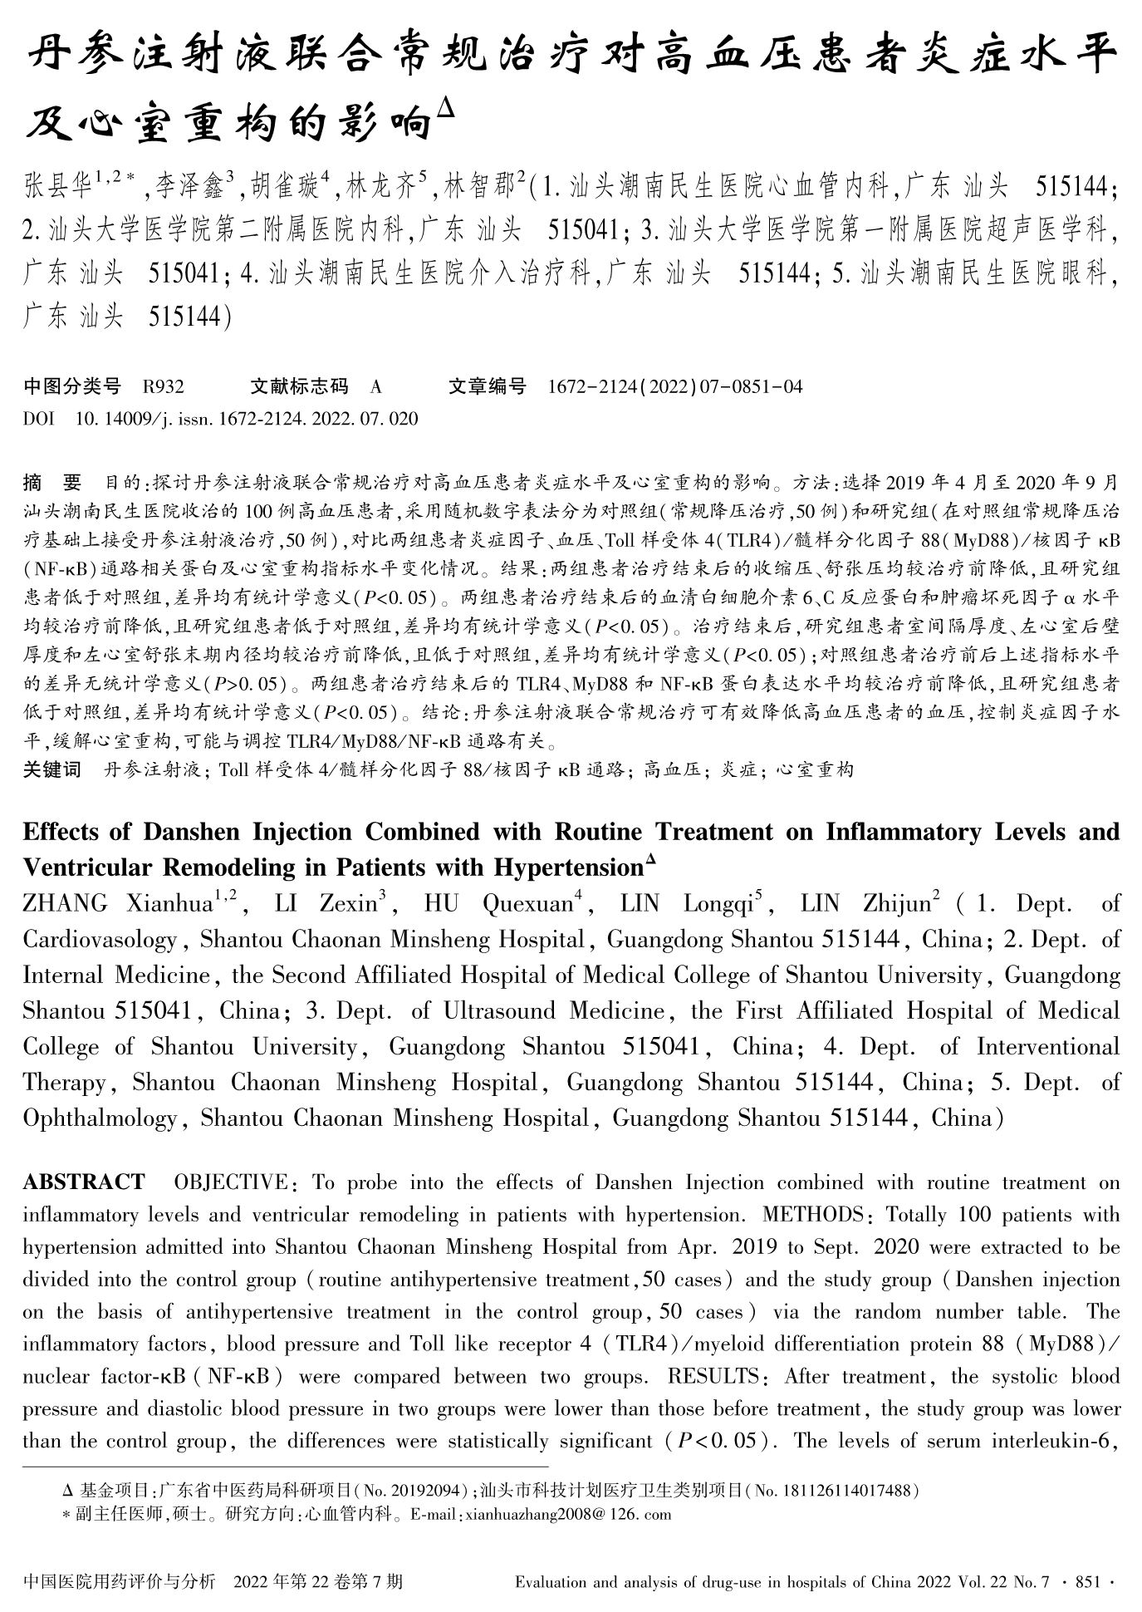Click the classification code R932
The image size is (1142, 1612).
click(164, 386)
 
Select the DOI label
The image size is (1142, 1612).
click(38, 419)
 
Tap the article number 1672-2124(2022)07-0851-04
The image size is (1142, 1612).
click(675, 386)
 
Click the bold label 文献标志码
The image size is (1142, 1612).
click(299, 386)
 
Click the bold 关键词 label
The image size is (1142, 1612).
click(51, 770)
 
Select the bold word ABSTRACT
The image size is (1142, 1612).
click(84, 1182)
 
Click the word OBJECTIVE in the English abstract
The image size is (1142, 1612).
click(230, 1182)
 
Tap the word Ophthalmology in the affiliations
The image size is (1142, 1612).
click(100, 1118)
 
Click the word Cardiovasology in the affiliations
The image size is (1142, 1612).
click(100, 940)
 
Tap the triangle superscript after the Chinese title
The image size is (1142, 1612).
click(445, 108)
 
